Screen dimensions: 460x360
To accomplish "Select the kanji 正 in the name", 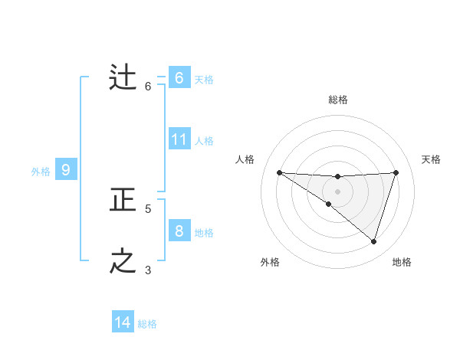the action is click(x=123, y=201).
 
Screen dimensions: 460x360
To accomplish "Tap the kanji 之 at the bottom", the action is click(x=123, y=262).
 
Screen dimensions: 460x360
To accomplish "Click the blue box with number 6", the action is click(x=179, y=78).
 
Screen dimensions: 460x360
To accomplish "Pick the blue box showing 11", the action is click(x=179, y=139).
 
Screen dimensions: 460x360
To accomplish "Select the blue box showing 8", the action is click(x=179, y=231).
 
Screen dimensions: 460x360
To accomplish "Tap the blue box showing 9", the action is click(x=66, y=170).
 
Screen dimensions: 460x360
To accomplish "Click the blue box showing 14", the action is click(x=123, y=322).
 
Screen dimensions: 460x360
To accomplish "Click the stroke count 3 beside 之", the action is click(x=148, y=270).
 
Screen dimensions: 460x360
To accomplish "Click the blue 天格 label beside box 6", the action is click(x=204, y=80).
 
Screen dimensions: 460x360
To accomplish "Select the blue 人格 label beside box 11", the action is click(x=204, y=141).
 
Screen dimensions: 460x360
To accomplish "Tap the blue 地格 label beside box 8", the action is click(x=204, y=233).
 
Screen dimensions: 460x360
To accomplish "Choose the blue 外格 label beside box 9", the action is click(x=41, y=172).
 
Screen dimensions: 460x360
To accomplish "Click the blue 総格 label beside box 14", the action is click(x=147, y=324).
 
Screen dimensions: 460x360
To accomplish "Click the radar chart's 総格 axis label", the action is click(x=337, y=100).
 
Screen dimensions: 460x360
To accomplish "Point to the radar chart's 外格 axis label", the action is click(x=270, y=262).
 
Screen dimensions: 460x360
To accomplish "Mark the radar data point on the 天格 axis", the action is click(x=396, y=172).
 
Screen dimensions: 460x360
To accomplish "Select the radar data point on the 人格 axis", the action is click(x=279, y=172).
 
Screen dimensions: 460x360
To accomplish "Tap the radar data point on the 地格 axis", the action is click(x=373, y=241).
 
